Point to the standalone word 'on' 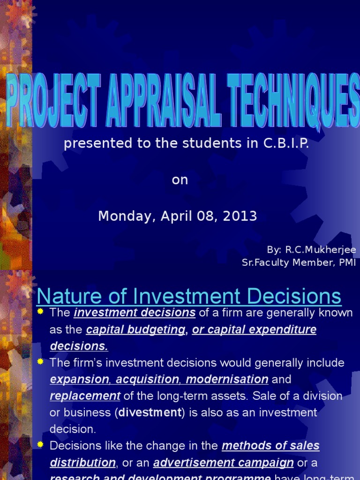180,180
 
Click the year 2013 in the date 242,216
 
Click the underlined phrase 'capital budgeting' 135,330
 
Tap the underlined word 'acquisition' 148,379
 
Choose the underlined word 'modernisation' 227,379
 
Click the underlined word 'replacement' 85,396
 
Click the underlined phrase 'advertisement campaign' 223,463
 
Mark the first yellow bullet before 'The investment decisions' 40,312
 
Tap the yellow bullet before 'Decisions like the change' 40,444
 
